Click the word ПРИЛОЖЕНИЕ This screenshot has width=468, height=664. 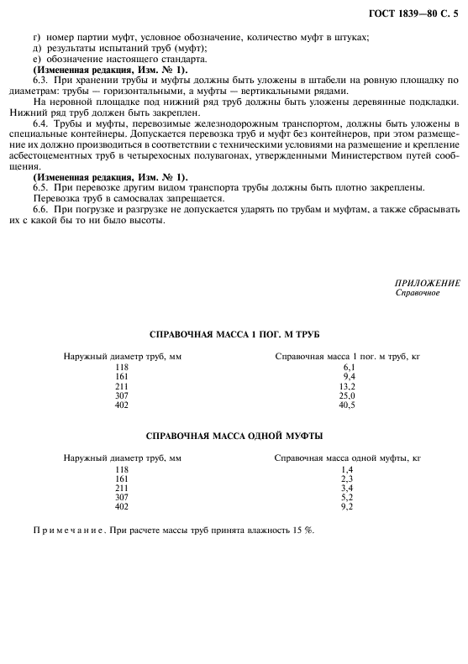[427, 283]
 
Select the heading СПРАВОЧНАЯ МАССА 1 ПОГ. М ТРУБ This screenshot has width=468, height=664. [234, 333]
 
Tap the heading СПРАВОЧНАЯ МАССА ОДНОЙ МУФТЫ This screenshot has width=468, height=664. [234, 436]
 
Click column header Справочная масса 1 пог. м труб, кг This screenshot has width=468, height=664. [347, 357]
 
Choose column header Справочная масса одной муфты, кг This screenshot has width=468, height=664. [347, 459]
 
